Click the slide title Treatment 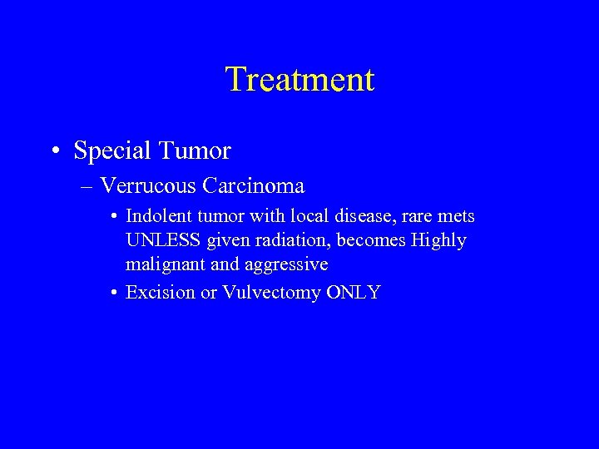click(299, 80)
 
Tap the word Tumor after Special click(196, 150)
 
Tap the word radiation click(286, 240)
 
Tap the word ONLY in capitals click(354, 293)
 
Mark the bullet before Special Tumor click(55, 151)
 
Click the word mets click(454, 216)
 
